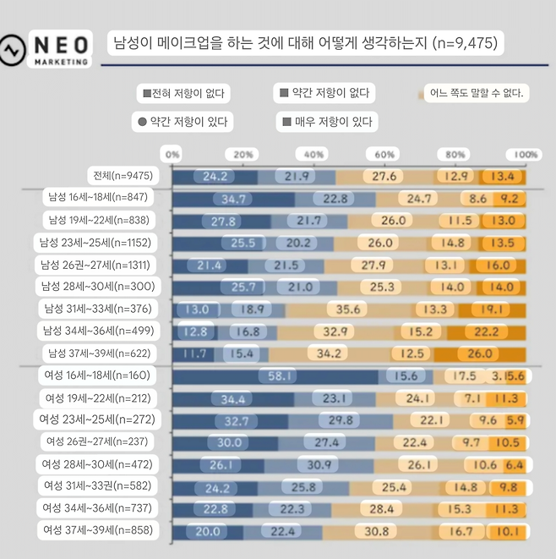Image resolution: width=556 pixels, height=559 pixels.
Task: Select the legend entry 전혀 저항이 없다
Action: (x=183, y=93)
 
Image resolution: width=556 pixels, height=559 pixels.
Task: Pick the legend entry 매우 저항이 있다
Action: (x=327, y=122)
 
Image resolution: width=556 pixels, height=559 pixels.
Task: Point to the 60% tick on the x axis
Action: (x=385, y=155)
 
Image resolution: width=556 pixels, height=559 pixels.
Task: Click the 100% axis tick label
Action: (x=526, y=155)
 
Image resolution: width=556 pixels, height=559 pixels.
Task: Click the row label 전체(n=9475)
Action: (x=123, y=176)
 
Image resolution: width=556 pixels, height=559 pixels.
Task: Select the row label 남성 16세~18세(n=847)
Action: (x=98, y=198)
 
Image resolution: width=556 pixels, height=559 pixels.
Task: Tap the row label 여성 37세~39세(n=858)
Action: (x=98, y=530)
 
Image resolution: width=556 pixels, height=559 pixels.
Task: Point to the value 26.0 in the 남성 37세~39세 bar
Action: (x=504, y=353)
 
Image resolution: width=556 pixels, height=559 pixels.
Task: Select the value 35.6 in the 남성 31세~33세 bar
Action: (x=347, y=309)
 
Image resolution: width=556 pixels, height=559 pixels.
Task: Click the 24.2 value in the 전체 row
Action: (x=215, y=176)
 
